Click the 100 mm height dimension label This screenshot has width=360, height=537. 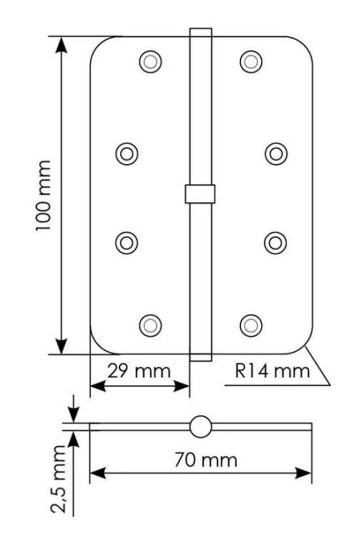(x=44, y=195)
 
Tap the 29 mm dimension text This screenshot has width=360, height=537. (x=139, y=371)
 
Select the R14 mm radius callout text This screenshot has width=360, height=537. (x=273, y=371)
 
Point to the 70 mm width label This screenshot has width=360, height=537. (x=205, y=460)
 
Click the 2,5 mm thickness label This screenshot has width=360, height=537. (x=58, y=478)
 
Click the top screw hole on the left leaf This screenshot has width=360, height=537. (x=150, y=62)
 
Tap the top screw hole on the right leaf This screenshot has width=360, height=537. (x=251, y=62)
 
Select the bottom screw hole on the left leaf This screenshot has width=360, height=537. (x=150, y=325)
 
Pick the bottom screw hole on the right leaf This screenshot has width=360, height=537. (x=251, y=325)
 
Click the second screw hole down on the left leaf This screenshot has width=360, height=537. (x=127, y=154)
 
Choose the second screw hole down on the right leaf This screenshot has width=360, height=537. (x=276, y=154)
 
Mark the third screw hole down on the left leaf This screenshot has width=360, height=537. (x=127, y=243)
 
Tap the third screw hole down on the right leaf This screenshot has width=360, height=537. (x=276, y=243)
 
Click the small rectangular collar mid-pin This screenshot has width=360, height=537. (x=200, y=194)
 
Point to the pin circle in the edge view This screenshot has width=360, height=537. (x=200, y=427)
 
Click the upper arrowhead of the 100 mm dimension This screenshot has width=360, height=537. (x=62, y=44)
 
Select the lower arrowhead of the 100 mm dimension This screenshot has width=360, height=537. (x=62, y=346)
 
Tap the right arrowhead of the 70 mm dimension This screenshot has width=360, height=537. (x=303, y=474)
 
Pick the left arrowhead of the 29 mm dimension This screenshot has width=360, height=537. (x=98, y=387)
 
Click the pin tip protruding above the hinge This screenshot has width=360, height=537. (x=201, y=32)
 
